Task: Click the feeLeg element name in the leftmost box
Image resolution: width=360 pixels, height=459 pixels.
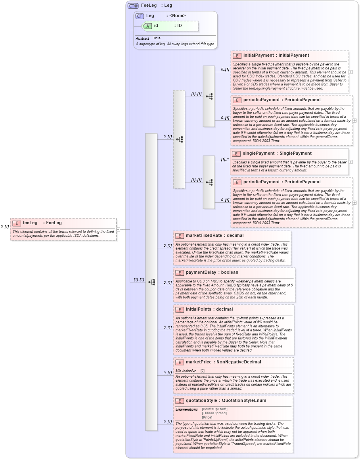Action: point(30,223)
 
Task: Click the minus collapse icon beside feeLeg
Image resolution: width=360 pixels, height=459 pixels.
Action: point(118,229)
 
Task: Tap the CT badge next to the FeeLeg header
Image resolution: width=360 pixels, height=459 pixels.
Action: point(133,6)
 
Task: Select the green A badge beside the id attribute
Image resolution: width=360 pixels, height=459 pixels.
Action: point(147,26)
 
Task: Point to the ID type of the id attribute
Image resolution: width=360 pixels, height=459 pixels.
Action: point(179,26)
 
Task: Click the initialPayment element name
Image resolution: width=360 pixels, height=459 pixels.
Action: point(260,56)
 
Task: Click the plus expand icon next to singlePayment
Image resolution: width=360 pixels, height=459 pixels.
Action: point(350,162)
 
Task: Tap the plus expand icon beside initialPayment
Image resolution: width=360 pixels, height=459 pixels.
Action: point(350,72)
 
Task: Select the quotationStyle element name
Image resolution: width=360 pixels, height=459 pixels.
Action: point(201,401)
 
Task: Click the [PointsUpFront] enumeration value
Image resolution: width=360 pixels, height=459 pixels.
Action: point(214,409)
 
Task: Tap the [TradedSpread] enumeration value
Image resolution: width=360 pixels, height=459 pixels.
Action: point(214,413)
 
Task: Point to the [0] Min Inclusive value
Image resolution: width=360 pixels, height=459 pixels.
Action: point(202,371)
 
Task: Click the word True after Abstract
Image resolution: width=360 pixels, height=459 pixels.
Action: point(157,38)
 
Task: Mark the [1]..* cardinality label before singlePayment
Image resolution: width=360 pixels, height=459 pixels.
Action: point(225,159)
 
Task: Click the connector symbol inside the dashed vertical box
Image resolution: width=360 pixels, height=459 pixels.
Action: point(179,139)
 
